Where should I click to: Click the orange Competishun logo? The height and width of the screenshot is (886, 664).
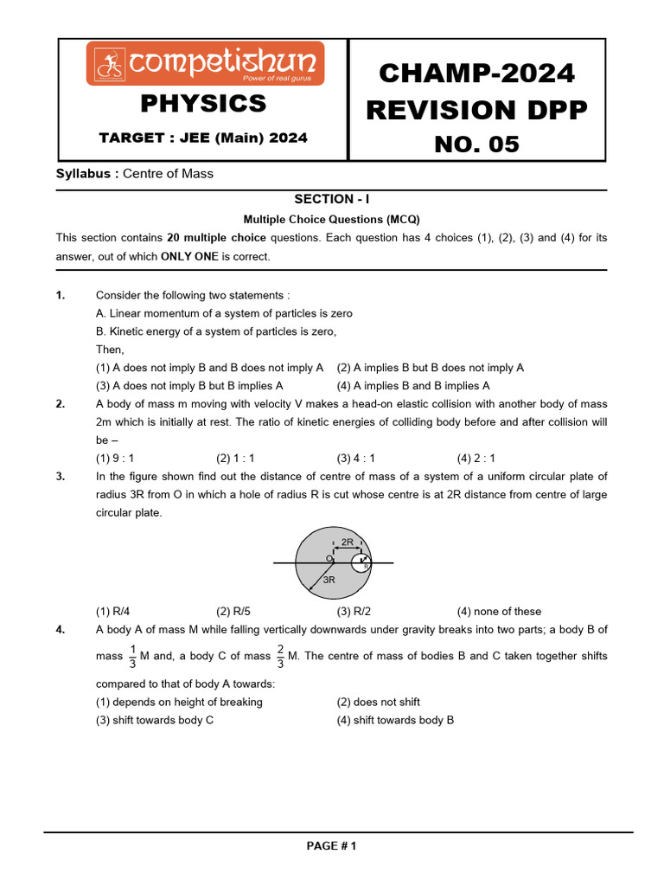[x=205, y=64]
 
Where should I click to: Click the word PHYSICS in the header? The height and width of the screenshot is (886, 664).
[x=203, y=104]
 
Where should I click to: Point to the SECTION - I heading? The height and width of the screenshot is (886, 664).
[x=331, y=199]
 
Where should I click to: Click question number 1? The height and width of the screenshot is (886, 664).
[x=61, y=295]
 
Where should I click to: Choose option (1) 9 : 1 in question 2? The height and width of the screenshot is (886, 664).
[x=115, y=459]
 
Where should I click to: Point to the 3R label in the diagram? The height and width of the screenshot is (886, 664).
[x=329, y=581]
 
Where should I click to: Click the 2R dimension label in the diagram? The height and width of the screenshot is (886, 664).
[x=347, y=543]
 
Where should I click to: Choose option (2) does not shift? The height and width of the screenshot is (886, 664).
[x=379, y=703]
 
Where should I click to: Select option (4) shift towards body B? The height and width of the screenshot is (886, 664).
[x=395, y=720]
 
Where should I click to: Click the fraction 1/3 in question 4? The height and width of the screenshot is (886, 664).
[x=132, y=657]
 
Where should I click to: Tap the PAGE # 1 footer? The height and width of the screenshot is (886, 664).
[x=331, y=846]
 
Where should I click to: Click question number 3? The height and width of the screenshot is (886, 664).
[x=61, y=477]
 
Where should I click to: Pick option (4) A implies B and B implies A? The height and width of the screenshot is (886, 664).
[x=413, y=386]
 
